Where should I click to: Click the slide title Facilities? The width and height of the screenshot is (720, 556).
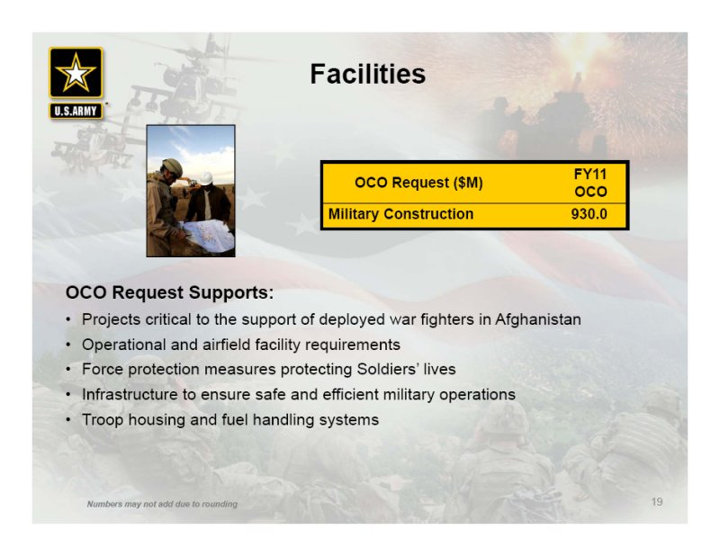point(368,74)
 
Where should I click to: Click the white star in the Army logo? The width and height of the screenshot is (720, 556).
point(76,72)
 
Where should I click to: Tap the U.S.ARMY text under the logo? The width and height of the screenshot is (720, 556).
point(76,111)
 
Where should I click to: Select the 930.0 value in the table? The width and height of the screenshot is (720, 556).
point(589,214)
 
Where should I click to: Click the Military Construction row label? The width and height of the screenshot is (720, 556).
point(400,214)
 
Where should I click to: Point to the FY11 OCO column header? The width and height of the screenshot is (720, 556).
point(590,183)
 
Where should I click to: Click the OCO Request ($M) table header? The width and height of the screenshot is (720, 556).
point(418,183)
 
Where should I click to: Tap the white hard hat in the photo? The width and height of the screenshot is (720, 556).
point(206,178)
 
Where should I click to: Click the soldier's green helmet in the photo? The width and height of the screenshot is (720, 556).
point(172,167)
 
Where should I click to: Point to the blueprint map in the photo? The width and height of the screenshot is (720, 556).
point(209,235)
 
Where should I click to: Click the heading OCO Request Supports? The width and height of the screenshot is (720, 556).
point(169,292)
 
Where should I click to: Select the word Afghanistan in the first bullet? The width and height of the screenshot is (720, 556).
point(538,319)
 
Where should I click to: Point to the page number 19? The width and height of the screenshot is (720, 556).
point(657,502)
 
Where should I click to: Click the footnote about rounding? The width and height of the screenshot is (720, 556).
point(162,504)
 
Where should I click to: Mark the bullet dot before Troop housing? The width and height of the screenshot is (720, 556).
point(68,419)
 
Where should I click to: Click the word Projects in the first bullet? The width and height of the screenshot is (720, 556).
point(111,319)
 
